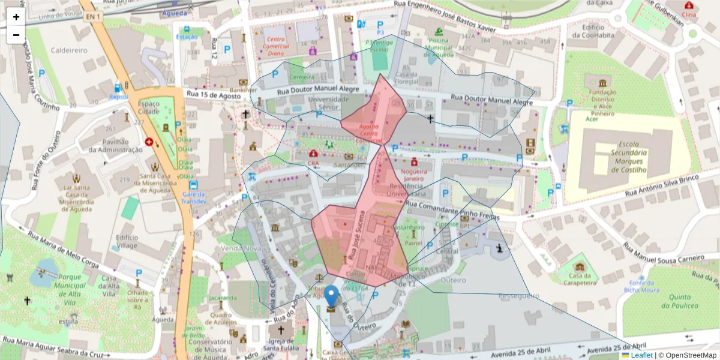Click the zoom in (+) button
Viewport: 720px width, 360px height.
pyautogui.click(x=16, y=17)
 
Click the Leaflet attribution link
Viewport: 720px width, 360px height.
pyautogui.click(x=641, y=355)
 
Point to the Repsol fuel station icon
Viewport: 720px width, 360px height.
pyautogui.click(x=119, y=88)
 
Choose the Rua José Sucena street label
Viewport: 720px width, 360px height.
pyautogui.click(x=356, y=235)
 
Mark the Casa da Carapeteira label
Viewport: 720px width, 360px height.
pyautogui.click(x=580, y=278)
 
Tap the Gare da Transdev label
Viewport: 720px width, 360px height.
pyautogui.click(x=194, y=198)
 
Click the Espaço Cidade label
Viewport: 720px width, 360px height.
pyautogui.click(x=148, y=107)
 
